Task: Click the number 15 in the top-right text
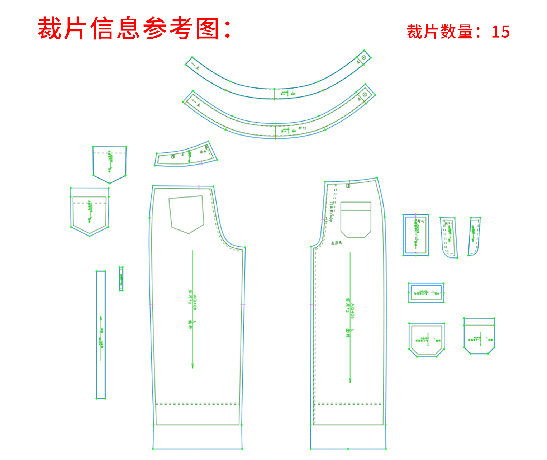click(500, 32)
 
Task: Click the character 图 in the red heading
click(208, 29)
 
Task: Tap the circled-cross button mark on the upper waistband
click(364, 57)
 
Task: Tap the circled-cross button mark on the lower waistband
click(365, 94)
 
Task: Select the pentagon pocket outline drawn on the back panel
click(187, 214)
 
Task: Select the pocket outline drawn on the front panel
click(356, 219)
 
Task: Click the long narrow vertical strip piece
click(101, 335)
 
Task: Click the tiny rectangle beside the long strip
click(121, 279)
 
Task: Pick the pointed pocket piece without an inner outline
click(109, 164)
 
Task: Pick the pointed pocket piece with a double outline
click(90, 212)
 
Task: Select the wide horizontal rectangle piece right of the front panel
click(426, 293)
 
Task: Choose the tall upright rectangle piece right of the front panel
click(416, 235)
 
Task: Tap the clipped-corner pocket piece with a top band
click(479, 336)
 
